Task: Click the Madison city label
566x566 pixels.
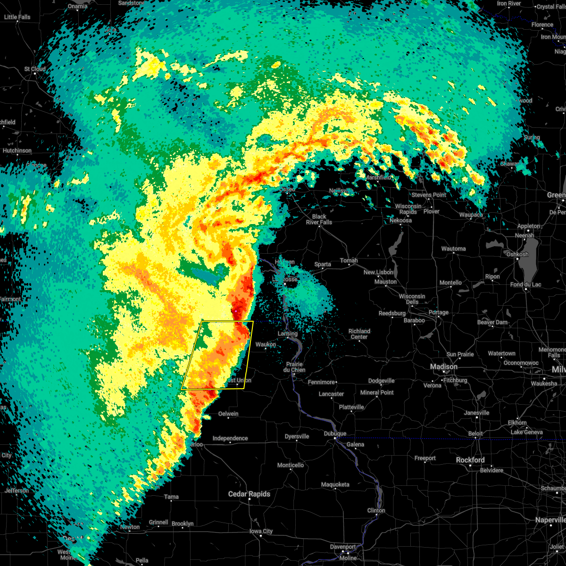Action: coord(443,366)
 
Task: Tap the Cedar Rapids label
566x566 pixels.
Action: coord(249,494)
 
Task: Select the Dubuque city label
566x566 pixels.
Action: coord(335,433)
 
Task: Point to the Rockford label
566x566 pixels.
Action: coord(470,460)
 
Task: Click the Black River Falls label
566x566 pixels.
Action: coord(319,219)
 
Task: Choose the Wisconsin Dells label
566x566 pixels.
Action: coord(412,299)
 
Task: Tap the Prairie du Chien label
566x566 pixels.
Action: coord(295,367)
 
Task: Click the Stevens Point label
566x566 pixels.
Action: coord(429,195)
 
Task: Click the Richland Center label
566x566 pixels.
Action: coord(359,334)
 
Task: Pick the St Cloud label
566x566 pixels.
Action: coord(35,69)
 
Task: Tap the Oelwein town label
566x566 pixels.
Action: coord(228,414)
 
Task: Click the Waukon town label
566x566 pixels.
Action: coord(266,344)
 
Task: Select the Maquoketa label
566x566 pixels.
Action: coord(335,484)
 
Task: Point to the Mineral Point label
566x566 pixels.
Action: coord(377,392)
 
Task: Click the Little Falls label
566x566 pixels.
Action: coord(17,17)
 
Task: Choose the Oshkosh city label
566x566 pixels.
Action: coord(517,254)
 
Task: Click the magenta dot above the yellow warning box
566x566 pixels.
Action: coord(235,311)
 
